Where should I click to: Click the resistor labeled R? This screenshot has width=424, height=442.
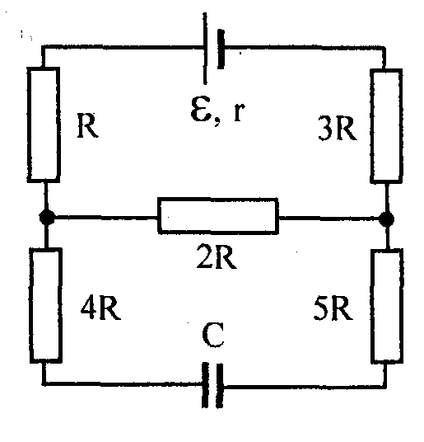44,125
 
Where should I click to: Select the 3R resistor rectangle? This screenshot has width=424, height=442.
386,126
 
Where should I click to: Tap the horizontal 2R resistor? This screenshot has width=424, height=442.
218,216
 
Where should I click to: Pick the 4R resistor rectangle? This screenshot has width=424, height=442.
46,305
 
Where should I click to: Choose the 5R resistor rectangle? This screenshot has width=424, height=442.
387,306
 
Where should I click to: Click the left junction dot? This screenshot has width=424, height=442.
47,217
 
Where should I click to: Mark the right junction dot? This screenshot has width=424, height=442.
387,219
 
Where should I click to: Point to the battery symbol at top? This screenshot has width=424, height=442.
214,49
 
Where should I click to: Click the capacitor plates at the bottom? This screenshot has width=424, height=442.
212,385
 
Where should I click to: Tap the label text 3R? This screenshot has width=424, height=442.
338,129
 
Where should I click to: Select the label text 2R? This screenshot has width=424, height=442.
217,256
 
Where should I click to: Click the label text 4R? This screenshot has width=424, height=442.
100,308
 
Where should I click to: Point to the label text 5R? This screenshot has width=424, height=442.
333,308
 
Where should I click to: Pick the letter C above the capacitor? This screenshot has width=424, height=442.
213,336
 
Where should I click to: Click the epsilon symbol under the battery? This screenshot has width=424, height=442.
200,109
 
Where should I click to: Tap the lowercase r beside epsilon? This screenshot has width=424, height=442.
239,111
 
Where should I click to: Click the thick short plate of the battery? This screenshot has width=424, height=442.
221,49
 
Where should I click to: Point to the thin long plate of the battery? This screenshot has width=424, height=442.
205,49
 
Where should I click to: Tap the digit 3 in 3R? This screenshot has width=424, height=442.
325,129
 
